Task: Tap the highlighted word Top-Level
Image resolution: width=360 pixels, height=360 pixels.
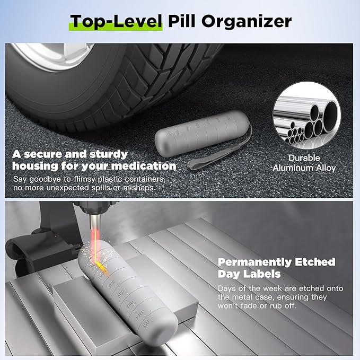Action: (116, 21)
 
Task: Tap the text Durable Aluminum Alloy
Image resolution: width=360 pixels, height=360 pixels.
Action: (304, 163)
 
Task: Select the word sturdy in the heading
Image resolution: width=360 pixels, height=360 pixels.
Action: (106, 154)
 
